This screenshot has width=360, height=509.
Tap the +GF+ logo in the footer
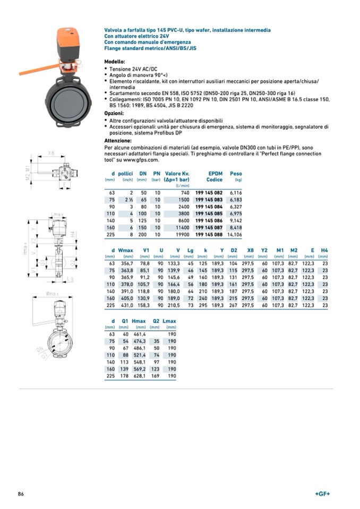[x=322, y=494]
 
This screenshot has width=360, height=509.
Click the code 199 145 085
[x=209, y=213]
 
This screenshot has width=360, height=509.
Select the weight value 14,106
[x=234, y=234]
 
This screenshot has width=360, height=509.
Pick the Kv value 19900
[x=181, y=234]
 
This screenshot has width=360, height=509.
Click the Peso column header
[x=236, y=173]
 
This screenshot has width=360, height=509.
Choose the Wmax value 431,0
[x=126, y=305]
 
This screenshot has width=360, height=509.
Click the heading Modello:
[x=115, y=62]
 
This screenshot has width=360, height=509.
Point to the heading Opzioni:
[x=114, y=113]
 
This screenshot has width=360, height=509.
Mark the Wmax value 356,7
[x=126, y=263]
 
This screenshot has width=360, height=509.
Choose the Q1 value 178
[x=124, y=376]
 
